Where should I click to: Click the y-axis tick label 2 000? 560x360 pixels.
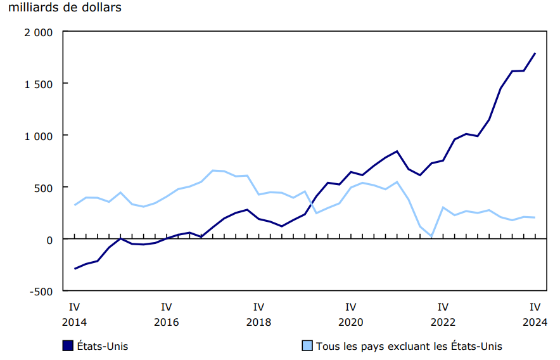(x=39, y=32)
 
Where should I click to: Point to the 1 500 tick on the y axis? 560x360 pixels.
(x=39, y=84)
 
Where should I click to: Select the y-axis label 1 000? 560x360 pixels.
(x=39, y=136)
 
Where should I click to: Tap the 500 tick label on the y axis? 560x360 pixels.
(x=44, y=188)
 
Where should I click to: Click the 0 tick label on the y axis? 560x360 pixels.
(x=50, y=240)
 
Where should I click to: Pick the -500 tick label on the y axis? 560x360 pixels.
(x=42, y=292)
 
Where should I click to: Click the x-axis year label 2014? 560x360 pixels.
(x=74, y=322)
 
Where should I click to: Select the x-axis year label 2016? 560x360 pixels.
(x=167, y=322)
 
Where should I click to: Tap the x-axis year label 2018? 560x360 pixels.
(x=258, y=322)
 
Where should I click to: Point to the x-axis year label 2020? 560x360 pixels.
(x=351, y=322)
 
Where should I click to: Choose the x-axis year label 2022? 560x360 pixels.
(x=443, y=322)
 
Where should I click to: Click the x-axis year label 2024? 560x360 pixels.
(x=535, y=322)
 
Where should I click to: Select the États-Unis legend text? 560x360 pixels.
(x=102, y=346)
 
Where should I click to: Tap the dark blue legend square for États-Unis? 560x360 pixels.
(x=67, y=345)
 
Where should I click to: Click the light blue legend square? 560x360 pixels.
(x=307, y=345)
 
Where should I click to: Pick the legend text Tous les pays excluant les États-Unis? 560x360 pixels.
(x=409, y=346)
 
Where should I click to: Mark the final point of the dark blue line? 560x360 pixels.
(x=535, y=53)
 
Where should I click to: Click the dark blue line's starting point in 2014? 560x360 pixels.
(x=75, y=269)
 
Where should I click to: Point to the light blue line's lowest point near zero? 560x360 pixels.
(x=431, y=236)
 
